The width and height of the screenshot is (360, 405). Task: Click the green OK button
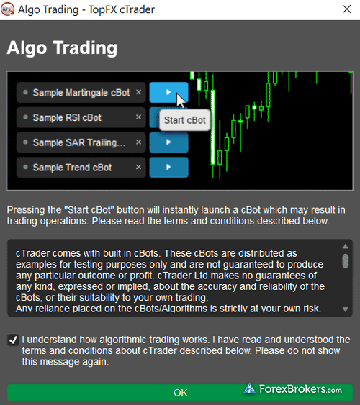(180, 392)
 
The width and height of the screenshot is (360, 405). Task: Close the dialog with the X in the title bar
(346, 9)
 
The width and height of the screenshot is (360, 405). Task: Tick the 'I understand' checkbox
(13, 340)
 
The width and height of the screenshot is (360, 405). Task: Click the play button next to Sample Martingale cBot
(168, 92)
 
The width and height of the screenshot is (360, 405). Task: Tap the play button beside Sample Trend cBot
(168, 167)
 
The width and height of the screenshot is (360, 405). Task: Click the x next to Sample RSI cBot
(138, 117)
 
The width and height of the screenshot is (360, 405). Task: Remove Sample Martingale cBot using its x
(138, 92)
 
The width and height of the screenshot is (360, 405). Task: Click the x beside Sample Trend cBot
(138, 167)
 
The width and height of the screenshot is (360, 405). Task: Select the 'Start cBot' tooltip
(184, 120)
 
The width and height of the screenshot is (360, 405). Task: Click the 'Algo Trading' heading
(62, 48)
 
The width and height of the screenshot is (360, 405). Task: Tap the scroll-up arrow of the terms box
(346, 246)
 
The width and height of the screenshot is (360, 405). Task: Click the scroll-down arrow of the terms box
(346, 309)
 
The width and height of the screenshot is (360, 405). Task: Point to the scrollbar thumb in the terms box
(346, 261)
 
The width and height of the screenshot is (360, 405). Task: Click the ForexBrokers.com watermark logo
(293, 389)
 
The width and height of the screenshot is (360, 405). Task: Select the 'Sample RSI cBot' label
(67, 117)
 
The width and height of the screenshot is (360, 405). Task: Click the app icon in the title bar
(7, 9)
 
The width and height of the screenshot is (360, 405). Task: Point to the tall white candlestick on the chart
(213, 127)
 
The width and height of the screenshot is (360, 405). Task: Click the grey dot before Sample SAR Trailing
(25, 142)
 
